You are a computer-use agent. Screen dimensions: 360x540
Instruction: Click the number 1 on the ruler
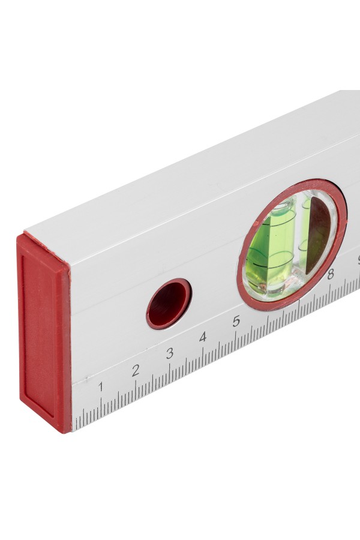101,387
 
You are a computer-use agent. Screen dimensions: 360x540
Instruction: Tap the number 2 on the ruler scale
136,370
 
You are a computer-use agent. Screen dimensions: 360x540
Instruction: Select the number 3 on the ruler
169,353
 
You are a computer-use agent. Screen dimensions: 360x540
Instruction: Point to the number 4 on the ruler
203,337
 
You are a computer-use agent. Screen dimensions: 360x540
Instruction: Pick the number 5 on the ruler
236,322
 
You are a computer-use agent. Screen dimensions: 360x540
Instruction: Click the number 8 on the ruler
331,274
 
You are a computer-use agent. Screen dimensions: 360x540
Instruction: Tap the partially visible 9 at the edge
358,260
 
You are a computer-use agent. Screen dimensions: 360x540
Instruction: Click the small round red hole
169,304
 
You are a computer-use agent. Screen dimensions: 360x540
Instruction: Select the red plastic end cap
44,332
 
